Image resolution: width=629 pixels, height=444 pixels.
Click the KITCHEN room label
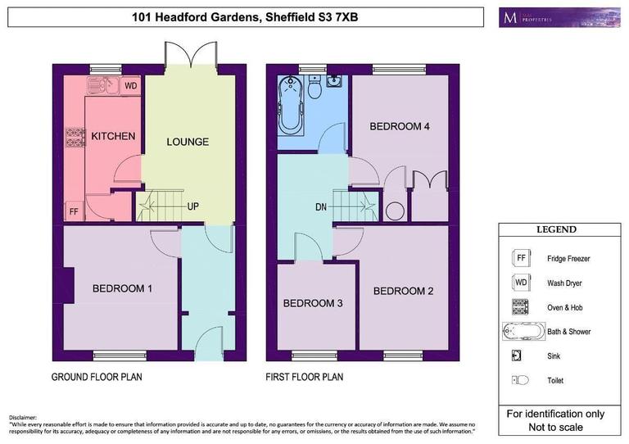coord(113,136)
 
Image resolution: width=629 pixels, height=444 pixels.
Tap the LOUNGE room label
coord(188,142)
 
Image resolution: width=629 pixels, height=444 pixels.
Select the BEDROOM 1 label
coord(122,288)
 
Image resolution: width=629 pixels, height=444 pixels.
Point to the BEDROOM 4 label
coord(400,127)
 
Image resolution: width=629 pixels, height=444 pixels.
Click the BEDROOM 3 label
coord(313,304)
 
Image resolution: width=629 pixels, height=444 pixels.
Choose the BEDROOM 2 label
coord(404,291)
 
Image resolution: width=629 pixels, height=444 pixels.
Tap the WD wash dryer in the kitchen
coord(132,85)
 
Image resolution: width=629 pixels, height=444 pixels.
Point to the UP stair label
coord(193,206)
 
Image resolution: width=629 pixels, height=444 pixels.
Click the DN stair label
coord(321,206)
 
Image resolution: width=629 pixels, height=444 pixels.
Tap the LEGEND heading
coord(556,230)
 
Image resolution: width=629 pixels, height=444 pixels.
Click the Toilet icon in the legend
coord(519,380)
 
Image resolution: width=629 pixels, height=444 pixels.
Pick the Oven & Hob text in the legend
coord(567,307)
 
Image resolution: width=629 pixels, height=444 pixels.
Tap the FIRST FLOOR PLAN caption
coord(304,378)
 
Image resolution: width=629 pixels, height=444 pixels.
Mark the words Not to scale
coord(556,427)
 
